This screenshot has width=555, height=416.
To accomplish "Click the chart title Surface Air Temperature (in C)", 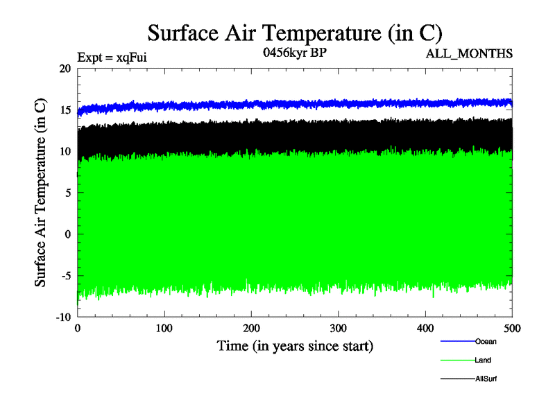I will [x=295, y=33].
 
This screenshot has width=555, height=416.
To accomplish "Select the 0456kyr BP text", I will [x=294, y=53].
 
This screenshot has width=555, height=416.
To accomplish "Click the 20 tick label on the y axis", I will [x=65, y=69].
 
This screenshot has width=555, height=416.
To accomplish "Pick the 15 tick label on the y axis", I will [x=65, y=110].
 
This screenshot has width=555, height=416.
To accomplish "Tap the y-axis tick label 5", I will [x=68, y=193].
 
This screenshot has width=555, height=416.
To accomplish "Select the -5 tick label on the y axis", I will [x=66, y=275].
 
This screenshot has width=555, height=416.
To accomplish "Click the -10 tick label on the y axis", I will [x=63, y=317].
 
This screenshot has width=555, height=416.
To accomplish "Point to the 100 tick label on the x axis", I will [x=164, y=327].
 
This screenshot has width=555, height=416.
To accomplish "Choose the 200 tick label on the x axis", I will [x=251, y=327].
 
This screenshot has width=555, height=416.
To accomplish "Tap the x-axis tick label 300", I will [x=339, y=327].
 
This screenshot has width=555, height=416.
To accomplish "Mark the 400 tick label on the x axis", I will [x=425, y=327].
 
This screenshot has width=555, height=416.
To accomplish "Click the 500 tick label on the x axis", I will [x=512, y=327].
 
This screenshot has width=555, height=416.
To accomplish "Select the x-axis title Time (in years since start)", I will [x=295, y=345].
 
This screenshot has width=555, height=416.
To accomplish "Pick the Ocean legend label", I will [x=486, y=341].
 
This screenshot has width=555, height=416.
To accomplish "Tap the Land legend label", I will [x=484, y=360].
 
